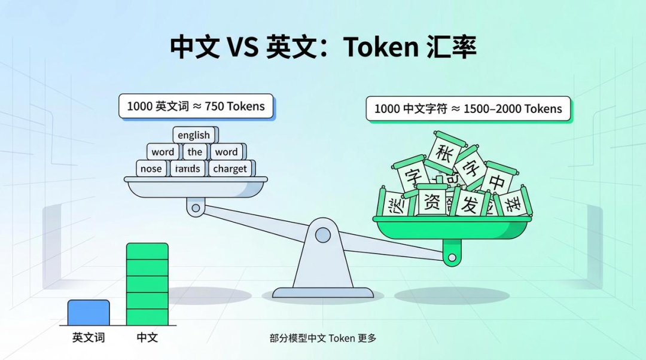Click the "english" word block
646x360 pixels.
click(x=194, y=135)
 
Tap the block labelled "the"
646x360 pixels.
click(x=194, y=152)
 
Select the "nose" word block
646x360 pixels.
click(x=151, y=169)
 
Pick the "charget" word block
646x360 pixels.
click(x=230, y=169)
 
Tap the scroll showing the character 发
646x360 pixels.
click(x=470, y=203)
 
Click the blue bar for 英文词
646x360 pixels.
click(x=89, y=312)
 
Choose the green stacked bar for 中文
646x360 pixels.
click(x=147, y=284)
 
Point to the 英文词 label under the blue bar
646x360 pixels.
click(x=89, y=337)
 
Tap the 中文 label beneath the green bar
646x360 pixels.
click(x=147, y=337)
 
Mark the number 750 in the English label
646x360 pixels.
click(x=214, y=106)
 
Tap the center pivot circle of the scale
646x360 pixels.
click(x=323, y=234)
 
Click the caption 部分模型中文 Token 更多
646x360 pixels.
click(x=323, y=338)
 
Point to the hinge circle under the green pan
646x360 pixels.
click(x=452, y=258)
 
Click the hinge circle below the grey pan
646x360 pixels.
click(x=195, y=209)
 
